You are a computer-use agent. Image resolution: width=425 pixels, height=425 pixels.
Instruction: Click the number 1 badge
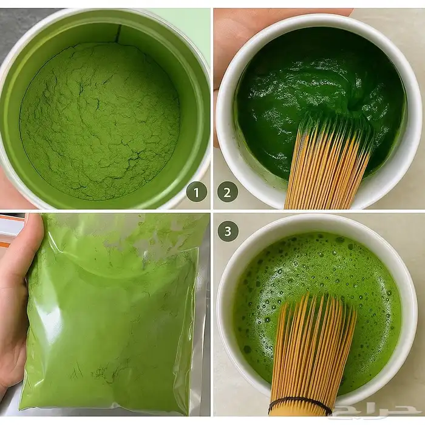tap(197, 192)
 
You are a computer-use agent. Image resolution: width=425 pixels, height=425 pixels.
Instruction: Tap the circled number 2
tap(228, 192)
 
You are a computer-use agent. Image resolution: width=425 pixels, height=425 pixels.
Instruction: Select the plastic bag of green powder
tap(114, 314)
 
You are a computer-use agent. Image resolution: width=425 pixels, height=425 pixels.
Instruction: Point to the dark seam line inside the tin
tap(118, 33)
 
